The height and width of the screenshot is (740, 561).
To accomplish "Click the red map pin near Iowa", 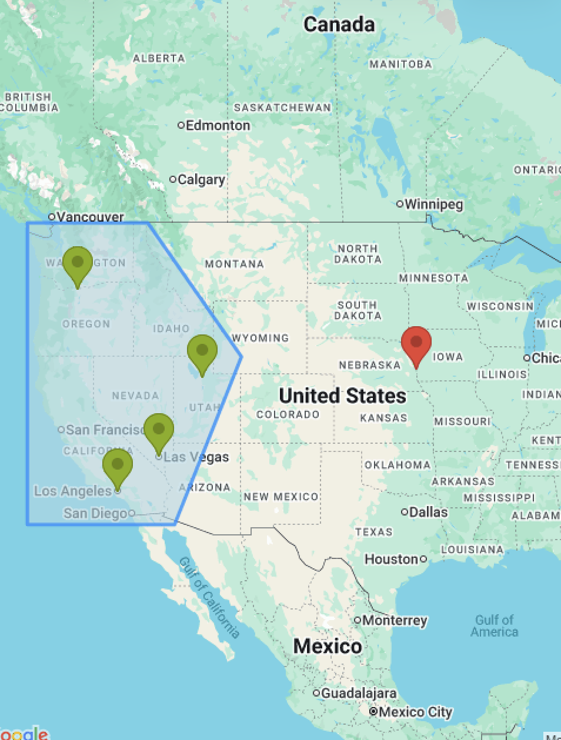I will pos(416,343).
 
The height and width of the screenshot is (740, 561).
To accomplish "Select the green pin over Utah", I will pos(202,351).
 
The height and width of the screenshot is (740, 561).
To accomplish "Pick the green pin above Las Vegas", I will pos(158,429).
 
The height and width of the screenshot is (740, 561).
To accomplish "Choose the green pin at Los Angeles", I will pos(118,465).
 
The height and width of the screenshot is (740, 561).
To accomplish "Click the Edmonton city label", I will pos(217,125).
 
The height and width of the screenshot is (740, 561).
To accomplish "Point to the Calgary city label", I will pos(201,179).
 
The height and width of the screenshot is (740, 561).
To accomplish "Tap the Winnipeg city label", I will pos(433,205).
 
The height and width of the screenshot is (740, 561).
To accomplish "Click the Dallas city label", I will pos(428,512).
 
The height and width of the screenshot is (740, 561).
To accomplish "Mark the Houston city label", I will pos(392,559).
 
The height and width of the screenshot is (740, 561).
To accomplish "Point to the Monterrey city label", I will pos(394,620).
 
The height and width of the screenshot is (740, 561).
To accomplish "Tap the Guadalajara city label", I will pos(358,693).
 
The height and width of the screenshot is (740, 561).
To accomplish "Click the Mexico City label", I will pos(415,712).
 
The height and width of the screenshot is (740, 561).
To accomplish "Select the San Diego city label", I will pos(96,514).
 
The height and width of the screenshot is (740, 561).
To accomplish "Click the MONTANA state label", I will pos(234,264).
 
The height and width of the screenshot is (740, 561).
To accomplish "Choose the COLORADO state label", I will pos(288,414).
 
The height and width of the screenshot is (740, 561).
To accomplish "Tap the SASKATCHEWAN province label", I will pos(282,108).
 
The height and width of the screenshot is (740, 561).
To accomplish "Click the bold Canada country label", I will pos(339,25).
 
